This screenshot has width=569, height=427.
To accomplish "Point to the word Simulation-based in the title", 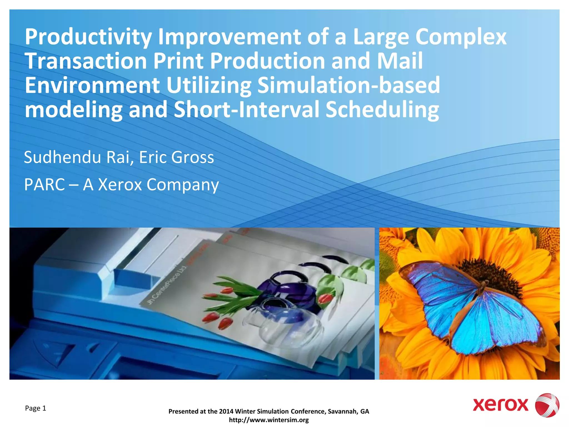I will pyautogui.click(x=348, y=86).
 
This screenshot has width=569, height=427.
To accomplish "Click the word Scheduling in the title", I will pyautogui.click(x=382, y=110).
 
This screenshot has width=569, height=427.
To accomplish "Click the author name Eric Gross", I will pyautogui.click(x=176, y=158).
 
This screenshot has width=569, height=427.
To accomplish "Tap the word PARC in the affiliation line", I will pyautogui.click(x=44, y=185).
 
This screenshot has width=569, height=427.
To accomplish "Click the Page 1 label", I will pyautogui.click(x=36, y=408).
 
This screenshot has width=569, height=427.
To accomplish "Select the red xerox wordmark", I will pyautogui.click(x=500, y=405).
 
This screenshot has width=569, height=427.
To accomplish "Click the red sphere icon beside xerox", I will pyautogui.click(x=547, y=405).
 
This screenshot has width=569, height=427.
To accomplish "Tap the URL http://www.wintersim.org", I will pyautogui.click(x=269, y=420).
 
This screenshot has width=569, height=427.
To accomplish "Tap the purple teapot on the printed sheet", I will pyautogui.click(x=286, y=289).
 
